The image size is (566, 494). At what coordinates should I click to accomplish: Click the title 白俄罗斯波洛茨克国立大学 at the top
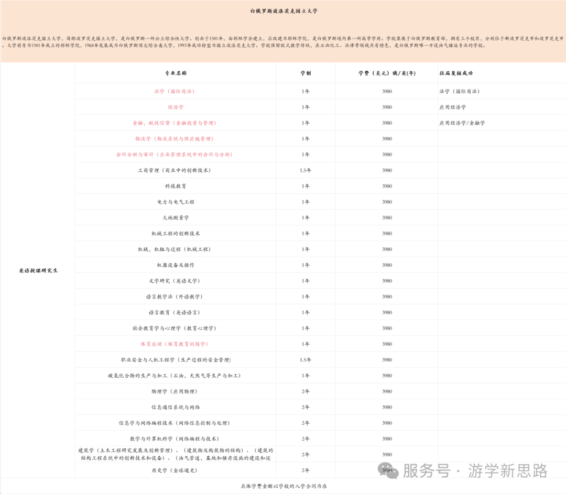284,10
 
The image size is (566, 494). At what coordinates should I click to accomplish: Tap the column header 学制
306,73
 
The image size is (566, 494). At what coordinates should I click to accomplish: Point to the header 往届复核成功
456,73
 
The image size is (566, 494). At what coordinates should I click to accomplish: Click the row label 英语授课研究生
38,271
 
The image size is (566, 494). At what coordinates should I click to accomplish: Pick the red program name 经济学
176,107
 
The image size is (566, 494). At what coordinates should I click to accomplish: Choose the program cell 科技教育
176,186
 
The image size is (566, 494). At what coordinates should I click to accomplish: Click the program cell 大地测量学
176,218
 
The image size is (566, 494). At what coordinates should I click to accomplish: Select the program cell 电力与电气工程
176,202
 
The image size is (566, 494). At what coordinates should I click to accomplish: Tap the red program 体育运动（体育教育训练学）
175,344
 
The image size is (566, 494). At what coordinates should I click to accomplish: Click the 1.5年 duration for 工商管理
306,171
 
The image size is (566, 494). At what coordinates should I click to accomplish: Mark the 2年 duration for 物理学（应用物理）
306,392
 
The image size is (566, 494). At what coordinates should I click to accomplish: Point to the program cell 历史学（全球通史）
175,470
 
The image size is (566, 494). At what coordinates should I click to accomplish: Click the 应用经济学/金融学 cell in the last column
462,123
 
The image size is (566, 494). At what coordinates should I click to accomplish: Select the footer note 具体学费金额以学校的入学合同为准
283,487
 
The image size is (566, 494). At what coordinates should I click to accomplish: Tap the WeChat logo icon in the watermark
389,470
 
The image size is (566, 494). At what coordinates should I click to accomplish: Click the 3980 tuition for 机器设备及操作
387,266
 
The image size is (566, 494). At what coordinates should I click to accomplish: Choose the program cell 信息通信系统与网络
176,408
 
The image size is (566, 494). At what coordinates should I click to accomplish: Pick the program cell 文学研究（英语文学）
175,281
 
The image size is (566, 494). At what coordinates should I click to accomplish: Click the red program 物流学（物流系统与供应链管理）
175,139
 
